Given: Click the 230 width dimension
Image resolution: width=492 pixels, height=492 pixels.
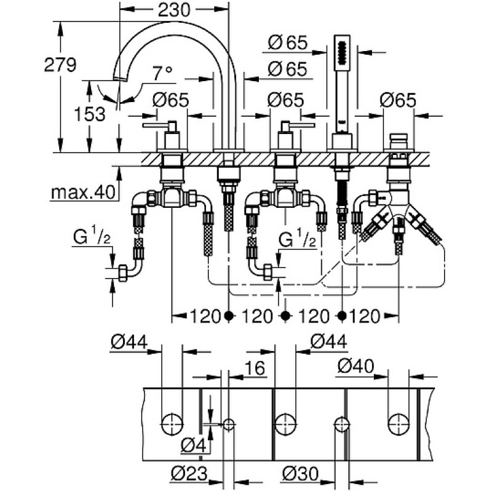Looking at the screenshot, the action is coord(174,10).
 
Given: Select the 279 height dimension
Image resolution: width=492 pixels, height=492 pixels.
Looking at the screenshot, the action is coord(60,65).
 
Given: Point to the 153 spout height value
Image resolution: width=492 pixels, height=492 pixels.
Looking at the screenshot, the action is coord(90,114).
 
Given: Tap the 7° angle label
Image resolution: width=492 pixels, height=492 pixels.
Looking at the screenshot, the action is coord(162,73).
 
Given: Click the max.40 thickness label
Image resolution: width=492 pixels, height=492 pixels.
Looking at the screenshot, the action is coord(83,192).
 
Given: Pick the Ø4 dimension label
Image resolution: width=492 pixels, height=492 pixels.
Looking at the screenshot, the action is coord(194,445).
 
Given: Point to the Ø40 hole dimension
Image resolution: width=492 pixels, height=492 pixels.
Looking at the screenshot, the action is coord(356,366).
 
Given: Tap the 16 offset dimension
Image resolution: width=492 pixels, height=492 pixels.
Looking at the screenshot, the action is coord(255,368).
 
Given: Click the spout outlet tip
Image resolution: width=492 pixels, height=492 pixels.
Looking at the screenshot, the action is coord(120,79).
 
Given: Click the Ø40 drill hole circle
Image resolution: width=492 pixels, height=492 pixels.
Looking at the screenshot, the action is coord(399,425).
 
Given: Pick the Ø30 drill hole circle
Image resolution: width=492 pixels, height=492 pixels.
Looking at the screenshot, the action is coord(342,425).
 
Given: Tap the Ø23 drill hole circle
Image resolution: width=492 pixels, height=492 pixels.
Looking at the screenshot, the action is coord(229,425).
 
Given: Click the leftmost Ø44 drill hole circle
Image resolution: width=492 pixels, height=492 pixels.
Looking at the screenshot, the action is coord(172,425).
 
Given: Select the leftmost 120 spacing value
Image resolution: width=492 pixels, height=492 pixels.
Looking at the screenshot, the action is coord(205,316).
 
